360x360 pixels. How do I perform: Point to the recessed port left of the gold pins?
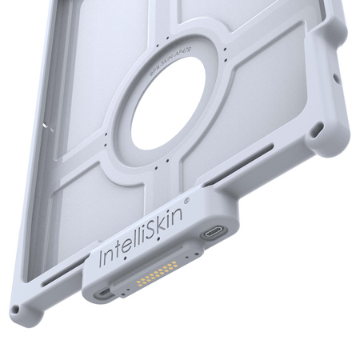[106, 293]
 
